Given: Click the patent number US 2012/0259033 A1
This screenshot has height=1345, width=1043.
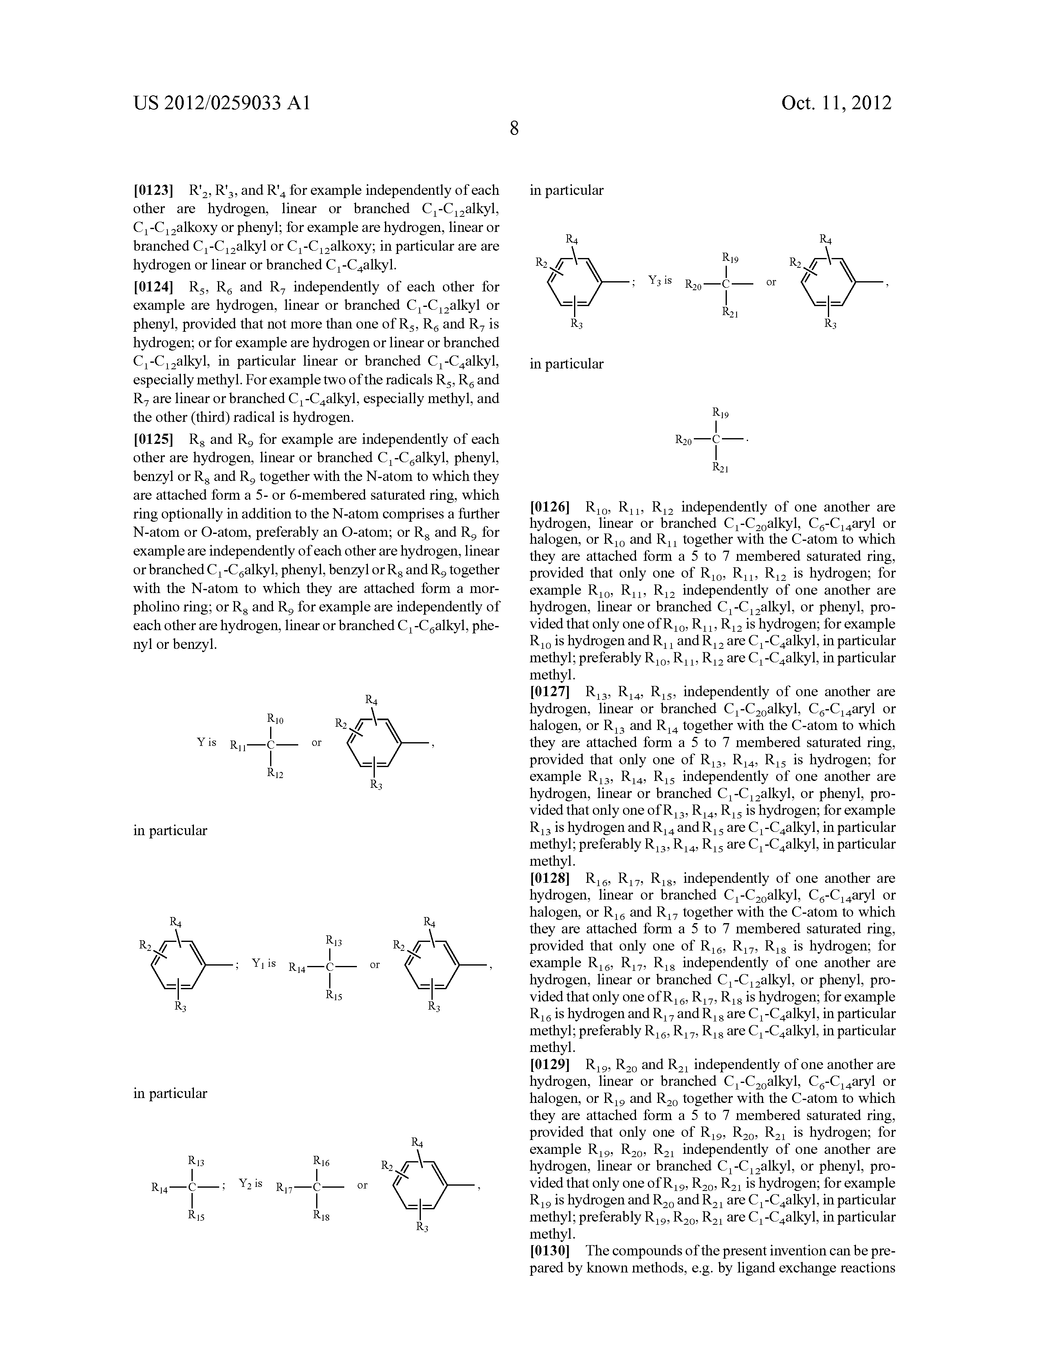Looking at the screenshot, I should point(222,103).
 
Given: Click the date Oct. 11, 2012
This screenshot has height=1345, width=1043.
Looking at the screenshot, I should point(836,103).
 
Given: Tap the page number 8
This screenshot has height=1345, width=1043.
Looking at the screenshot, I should point(514,129).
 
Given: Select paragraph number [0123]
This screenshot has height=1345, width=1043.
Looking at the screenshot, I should point(154,190).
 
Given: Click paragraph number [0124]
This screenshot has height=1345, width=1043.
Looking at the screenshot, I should point(154,287).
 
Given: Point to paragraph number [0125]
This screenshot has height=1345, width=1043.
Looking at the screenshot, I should point(154,440).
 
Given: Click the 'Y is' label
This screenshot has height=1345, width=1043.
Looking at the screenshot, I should point(207,742).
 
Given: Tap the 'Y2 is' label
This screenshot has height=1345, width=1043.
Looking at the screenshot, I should point(251,1184).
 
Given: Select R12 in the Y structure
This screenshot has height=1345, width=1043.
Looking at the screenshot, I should point(275,774).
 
